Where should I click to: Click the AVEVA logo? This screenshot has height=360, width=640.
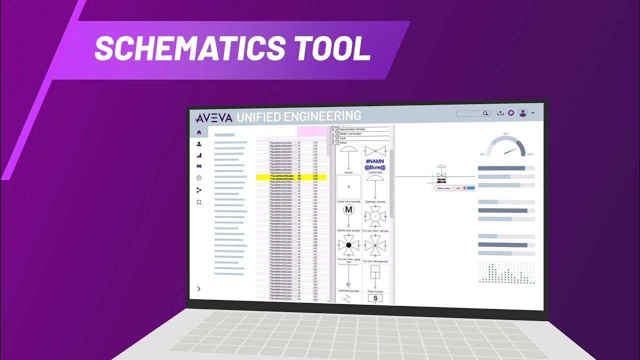214,118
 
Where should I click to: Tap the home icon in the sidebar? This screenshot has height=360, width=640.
199,132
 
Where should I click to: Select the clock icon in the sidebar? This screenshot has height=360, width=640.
199,178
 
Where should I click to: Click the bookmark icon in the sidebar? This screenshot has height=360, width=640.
199,202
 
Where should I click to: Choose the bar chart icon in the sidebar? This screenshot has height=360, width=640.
199,155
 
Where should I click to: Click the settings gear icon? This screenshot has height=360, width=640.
511,113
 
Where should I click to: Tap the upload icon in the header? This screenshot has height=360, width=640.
500,113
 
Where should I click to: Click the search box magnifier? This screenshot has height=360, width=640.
485,113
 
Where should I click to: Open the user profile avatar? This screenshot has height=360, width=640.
523,113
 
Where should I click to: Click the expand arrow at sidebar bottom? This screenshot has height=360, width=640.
199,288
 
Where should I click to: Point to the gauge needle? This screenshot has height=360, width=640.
510,150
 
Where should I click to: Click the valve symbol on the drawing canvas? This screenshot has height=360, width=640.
441,173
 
